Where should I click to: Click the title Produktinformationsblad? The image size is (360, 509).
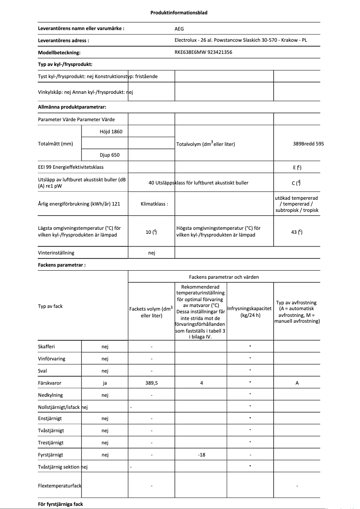[179, 13]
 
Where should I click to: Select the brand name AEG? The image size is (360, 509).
[179, 28]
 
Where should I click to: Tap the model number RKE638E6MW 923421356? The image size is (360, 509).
[203, 52]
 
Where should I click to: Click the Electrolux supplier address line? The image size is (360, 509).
[241, 40]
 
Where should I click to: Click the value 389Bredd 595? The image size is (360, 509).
[308, 144]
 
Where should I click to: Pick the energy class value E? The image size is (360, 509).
[297, 167]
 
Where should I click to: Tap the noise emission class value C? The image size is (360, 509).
[296, 183]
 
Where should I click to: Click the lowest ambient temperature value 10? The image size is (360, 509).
[151, 232]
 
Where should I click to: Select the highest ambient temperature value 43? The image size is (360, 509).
[296, 232]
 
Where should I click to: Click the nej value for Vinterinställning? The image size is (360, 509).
[151, 253]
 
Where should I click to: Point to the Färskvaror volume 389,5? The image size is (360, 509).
[151, 383]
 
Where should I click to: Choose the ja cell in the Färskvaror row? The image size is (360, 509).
[105, 383]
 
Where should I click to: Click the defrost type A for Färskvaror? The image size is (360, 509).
[297, 383]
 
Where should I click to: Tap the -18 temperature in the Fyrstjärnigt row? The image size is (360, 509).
[201, 455]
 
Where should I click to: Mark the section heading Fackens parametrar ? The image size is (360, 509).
[61, 265]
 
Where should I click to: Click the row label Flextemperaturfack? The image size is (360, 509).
[60, 486]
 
